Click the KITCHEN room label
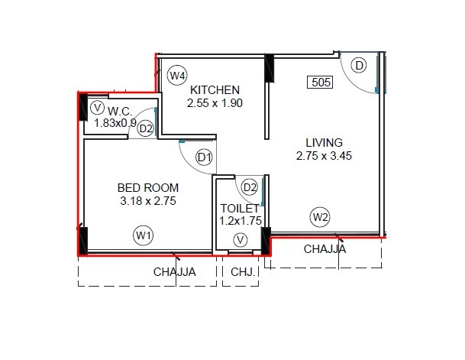coord(215,89)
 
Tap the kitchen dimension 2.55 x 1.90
coord(215,103)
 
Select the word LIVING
coord(324,142)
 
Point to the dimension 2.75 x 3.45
coord(324,156)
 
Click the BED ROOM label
coord(148,187)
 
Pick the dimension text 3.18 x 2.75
coord(148,202)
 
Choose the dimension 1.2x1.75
coord(241,222)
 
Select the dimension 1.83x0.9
coord(115,122)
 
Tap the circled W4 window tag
coord(178,76)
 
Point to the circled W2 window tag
coord(321,217)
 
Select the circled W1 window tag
coord(143,235)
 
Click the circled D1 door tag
coord(204,158)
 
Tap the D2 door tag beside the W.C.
coord(146,128)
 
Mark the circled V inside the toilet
coord(241,241)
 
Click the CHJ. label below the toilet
coord(241,271)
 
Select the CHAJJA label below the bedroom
coord(174,271)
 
